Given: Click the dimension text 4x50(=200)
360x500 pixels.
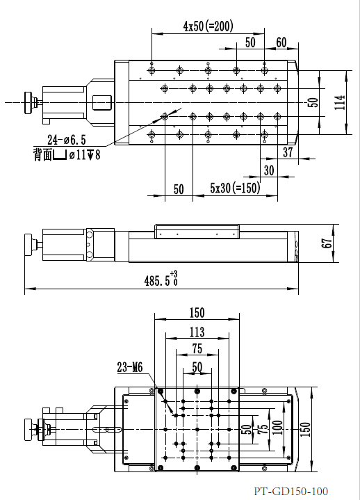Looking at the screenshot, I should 208,26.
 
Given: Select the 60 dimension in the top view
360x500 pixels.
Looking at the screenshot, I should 281,42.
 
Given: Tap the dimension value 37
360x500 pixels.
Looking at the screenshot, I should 288,152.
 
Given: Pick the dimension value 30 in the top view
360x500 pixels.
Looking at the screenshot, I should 269,170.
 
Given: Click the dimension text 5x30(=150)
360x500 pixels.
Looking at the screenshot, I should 235,188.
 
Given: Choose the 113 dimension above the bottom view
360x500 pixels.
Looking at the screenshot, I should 197,332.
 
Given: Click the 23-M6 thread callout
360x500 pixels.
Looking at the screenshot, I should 130,369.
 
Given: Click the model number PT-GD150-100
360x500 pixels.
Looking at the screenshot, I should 291,492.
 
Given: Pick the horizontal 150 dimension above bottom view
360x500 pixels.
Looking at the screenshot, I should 197,312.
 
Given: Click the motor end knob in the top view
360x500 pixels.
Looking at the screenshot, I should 30,102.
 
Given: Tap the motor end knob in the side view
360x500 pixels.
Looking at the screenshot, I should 29,245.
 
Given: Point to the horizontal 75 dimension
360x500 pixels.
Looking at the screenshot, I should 197,349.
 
